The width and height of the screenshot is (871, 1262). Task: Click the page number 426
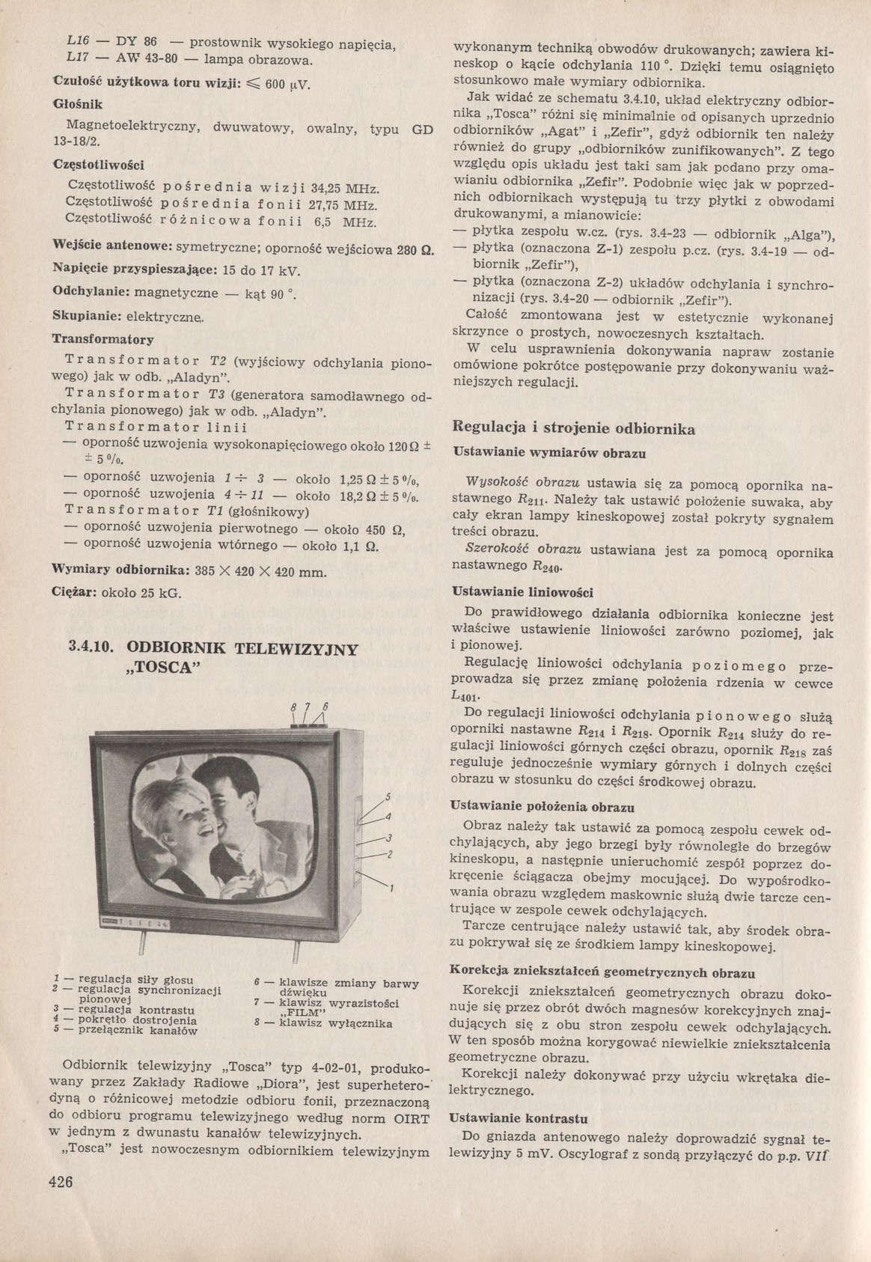[61, 1181]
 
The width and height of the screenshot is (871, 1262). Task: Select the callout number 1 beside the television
[391, 888]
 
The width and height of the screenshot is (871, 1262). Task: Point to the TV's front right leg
[296, 951]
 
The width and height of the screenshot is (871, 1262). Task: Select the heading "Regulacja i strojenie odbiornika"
[575, 429]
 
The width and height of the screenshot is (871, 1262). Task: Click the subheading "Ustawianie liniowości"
[524, 592]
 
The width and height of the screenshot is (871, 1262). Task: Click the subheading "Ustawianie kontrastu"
[518, 1118]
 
